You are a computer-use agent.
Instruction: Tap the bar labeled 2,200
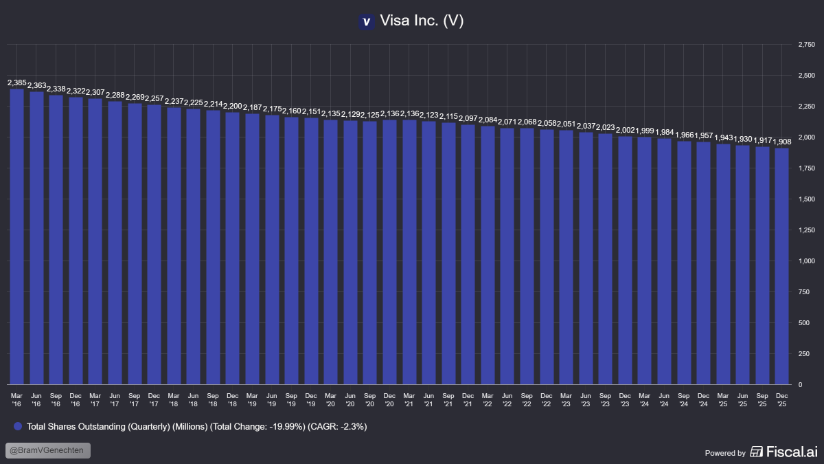[233, 248]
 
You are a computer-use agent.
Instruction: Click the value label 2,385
[16, 83]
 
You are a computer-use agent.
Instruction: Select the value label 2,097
[468, 119]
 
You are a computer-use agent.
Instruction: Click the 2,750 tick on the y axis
[806, 45]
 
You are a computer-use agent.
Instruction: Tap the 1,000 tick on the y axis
[806, 261]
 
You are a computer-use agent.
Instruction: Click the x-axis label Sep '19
[291, 399]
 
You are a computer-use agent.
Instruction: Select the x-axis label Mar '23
[566, 399]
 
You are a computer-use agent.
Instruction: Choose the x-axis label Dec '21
[468, 399]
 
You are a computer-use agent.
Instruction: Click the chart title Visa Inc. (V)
[422, 21]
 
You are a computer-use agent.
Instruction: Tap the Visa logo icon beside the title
[366, 22]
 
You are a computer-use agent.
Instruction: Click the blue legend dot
[18, 427]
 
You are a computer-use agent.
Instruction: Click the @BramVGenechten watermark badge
[48, 451]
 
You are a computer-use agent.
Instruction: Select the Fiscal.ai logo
[783, 452]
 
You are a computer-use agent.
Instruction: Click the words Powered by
[725, 453]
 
